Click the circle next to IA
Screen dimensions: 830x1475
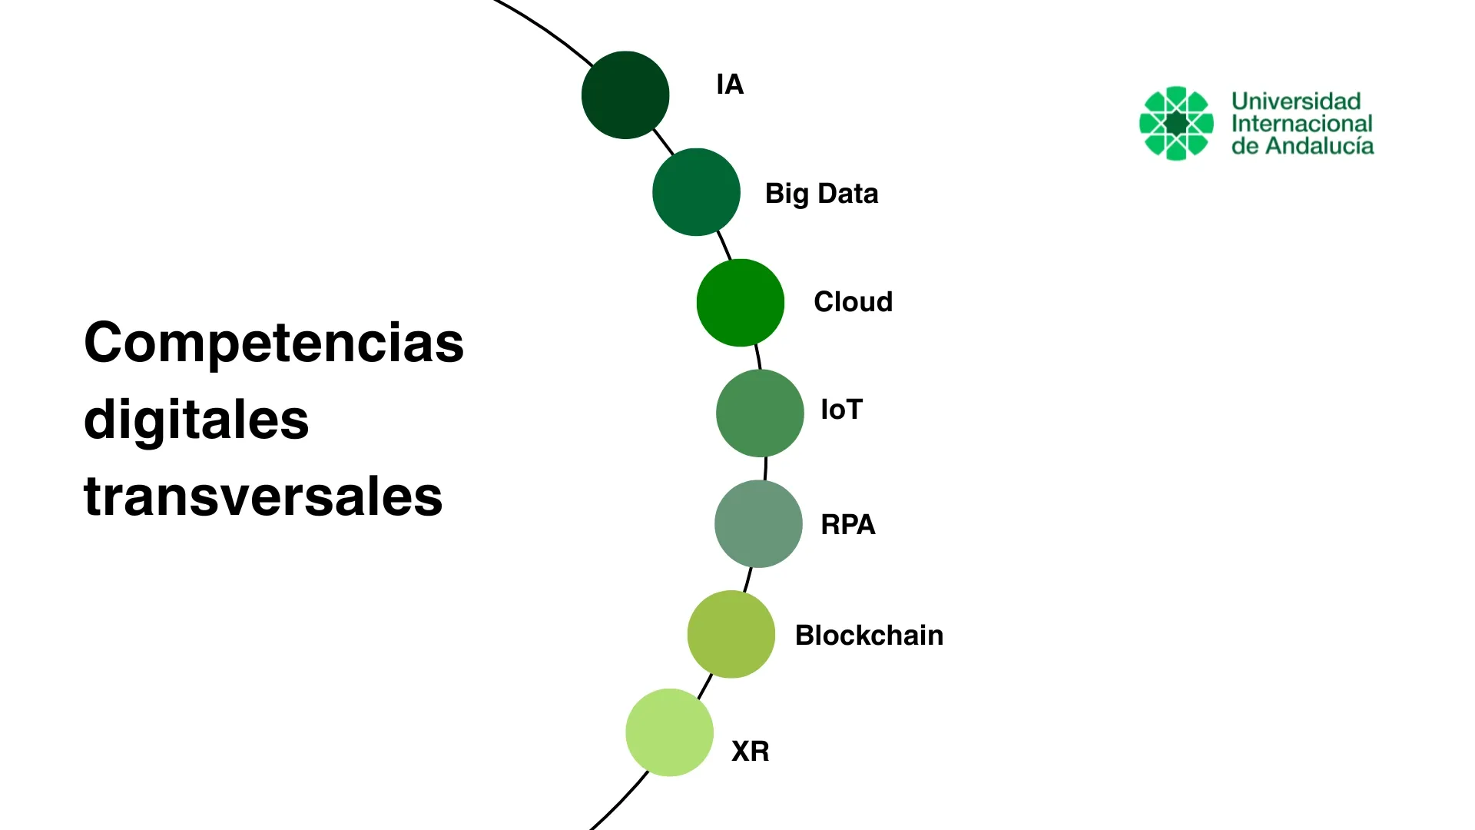625,95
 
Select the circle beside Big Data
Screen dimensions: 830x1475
696,192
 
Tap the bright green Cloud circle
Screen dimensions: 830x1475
741,303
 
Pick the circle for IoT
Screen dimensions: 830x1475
760,413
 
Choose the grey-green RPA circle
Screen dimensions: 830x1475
758,524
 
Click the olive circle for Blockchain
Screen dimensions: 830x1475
731,634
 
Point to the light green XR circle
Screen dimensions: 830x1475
669,732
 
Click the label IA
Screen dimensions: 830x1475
730,85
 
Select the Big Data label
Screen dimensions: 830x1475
821,194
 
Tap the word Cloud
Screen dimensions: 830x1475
853,302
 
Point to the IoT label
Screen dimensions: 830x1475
841,410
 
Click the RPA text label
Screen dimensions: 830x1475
847,524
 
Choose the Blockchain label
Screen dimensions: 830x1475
869,636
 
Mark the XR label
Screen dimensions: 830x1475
750,751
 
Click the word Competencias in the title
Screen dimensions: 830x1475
273,343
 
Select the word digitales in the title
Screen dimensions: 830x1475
196,420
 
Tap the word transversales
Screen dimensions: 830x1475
263,496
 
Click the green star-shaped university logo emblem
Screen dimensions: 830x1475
1176,123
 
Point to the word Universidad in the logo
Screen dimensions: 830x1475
1296,101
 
